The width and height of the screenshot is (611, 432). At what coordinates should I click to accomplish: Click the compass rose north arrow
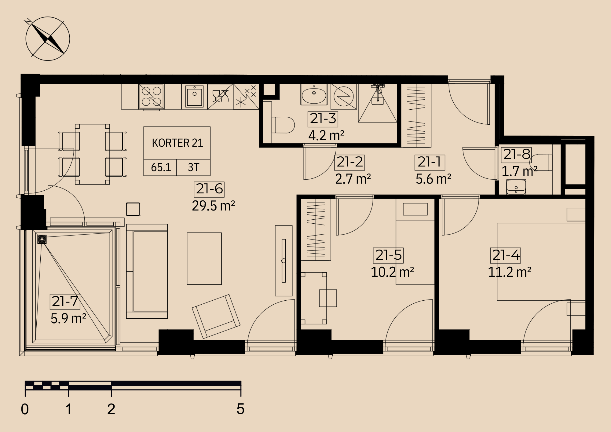coord(48,39)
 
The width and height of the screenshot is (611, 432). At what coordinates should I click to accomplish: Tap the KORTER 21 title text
coord(177,143)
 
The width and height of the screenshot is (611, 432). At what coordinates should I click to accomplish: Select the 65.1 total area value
coord(161,167)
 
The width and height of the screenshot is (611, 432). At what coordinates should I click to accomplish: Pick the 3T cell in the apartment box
coord(193,167)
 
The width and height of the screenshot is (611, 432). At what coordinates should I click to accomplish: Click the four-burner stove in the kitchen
coord(152,97)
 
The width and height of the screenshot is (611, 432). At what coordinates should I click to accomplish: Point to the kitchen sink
coord(194,96)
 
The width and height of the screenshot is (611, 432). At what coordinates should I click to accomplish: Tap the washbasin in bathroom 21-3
coord(314,95)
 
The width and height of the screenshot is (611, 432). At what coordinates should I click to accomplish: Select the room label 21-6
coord(209,189)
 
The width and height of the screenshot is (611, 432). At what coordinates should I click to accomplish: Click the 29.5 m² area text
coord(213,206)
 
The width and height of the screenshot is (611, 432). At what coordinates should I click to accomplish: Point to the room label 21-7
coord(65,302)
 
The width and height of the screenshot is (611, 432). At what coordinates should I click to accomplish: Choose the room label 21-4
coord(506,255)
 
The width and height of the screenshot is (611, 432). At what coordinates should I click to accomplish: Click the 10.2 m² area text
coord(392,272)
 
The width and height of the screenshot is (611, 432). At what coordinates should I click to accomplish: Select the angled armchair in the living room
coord(216,316)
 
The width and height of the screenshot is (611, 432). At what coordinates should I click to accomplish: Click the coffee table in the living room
coord(204,258)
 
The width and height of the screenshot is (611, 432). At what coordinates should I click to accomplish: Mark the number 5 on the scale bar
coord(240,409)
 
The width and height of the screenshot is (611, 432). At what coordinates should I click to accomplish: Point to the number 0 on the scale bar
coord(25,409)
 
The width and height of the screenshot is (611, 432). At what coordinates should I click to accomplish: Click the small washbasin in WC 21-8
coord(516,187)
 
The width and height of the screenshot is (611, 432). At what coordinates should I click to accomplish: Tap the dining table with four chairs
coord(92,154)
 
